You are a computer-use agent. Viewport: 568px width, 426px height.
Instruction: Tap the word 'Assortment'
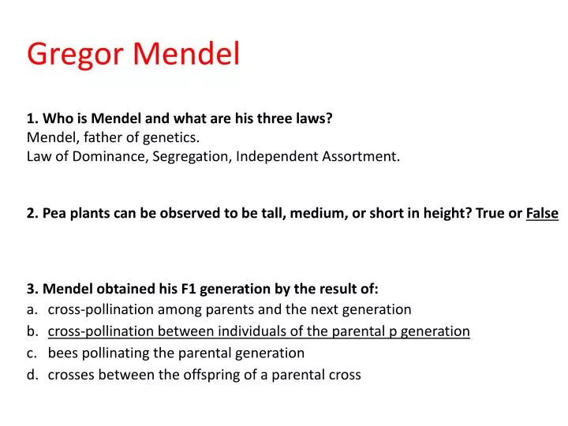(362, 156)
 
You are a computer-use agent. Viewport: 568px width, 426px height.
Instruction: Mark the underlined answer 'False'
(542, 213)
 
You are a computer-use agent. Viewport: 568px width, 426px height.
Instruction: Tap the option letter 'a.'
(32, 309)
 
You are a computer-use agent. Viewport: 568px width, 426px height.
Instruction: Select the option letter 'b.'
(32, 331)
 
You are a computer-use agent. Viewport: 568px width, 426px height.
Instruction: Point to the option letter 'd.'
(32, 375)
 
